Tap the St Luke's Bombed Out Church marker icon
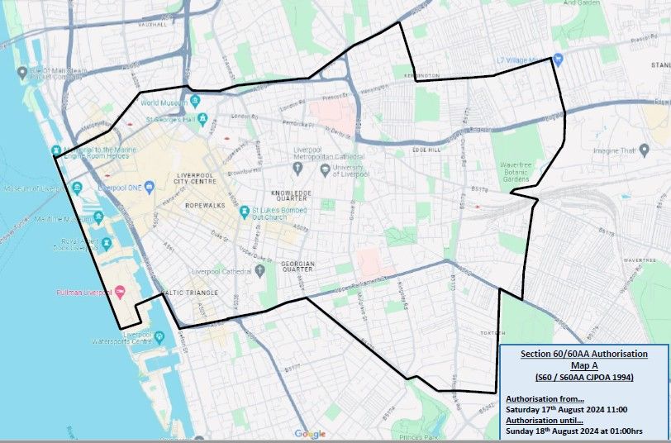point(245,212)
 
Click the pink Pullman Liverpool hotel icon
point(121,292)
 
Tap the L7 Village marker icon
point(558,60)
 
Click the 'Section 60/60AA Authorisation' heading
point(583,354)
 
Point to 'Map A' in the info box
point(583,365)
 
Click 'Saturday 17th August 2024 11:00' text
point(566,409)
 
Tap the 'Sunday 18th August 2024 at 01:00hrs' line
point(577,431)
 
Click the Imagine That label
point(613,151)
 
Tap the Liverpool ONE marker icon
point(149,187)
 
